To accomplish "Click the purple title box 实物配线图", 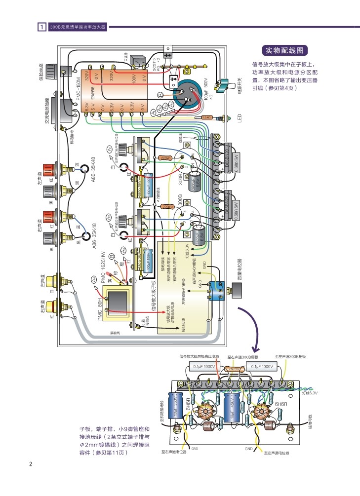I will coord(286,50).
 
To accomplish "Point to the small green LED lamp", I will coord(228,117).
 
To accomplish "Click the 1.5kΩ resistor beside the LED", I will coord(207,117).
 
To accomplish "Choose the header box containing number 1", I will coord(42,27).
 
